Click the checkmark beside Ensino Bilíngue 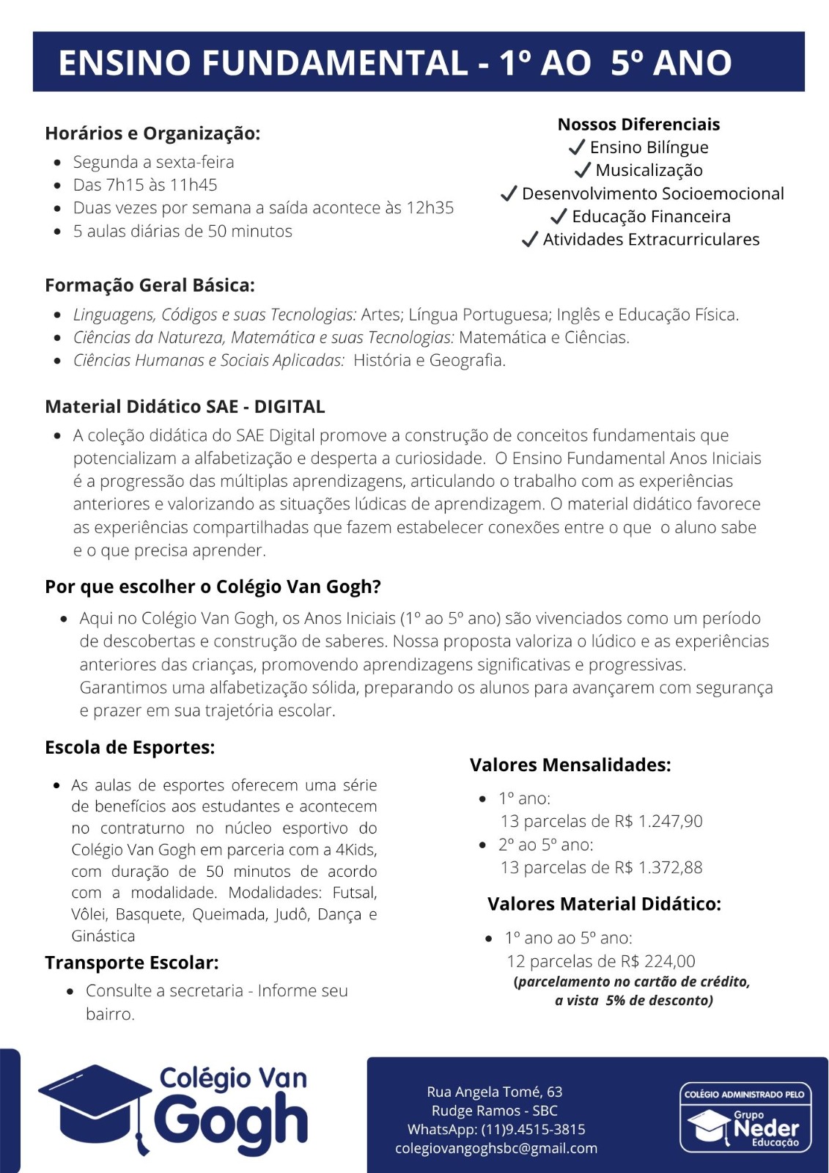[577, 147]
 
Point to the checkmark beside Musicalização [583, 170]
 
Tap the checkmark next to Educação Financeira [559, 216]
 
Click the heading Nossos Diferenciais [638, 124]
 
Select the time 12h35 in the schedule [430, 207]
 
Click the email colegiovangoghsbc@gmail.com [496, 1148]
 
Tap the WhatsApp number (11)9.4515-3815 [533, 1129]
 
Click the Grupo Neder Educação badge [745, 1117]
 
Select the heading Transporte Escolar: [132, 963]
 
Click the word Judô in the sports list [292, 914]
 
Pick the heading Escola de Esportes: [130, 747]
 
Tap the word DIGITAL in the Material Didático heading [290, 406]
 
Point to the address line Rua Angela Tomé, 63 [495, 1092]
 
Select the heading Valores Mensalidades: [570, 765]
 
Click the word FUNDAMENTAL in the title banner [335, 62]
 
